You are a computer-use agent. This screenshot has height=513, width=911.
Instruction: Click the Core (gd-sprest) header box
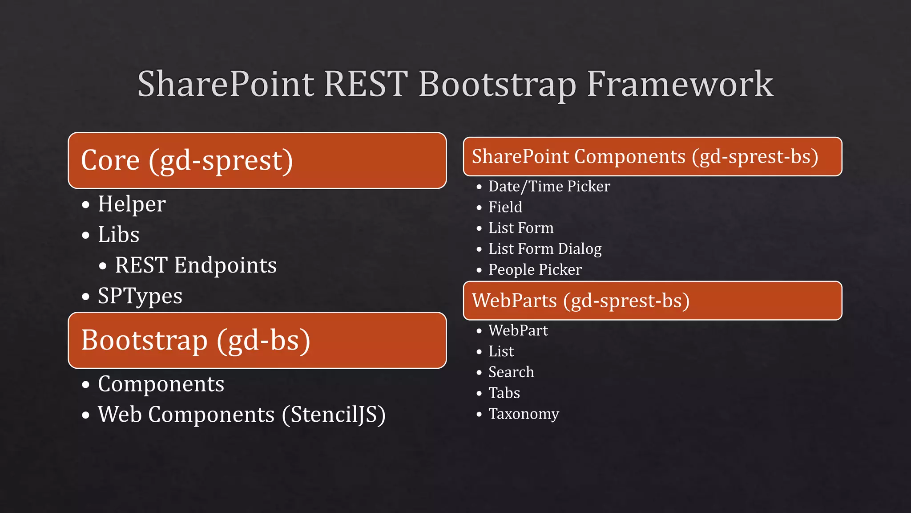[x=257, y=160]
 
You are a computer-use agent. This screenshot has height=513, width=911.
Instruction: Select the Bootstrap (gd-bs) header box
[x=257, y=340]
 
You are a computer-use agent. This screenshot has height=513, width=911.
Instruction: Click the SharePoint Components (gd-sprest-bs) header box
[x=652, y=157]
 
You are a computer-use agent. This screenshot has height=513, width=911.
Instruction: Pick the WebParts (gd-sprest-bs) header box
[x=652, y=301]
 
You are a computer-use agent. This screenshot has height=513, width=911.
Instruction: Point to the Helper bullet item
[x=132, y=204]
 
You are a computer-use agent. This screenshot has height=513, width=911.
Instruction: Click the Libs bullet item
[x=118, y=235]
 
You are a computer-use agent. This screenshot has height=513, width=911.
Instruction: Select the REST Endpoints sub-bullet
[x=196, y=265]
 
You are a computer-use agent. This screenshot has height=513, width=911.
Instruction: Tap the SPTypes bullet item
[x=140, y=296]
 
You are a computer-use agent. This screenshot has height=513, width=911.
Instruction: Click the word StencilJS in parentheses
[x=334, y=415]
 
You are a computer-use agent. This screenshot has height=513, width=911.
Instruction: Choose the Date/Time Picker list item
[x=549, y=186]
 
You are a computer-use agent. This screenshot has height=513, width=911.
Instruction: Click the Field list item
[x=505, y=207]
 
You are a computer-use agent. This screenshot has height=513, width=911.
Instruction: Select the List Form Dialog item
[x=545, y=249]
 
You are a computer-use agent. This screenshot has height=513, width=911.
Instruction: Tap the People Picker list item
[x=535, y=270]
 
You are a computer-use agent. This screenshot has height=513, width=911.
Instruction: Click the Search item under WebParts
[x=511, y=372]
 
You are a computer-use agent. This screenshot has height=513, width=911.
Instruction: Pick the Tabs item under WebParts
[x=504, y=393]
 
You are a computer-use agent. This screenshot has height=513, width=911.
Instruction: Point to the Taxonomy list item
[x=524, y=414]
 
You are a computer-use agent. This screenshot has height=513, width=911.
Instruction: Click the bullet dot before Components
[x=86, y=385]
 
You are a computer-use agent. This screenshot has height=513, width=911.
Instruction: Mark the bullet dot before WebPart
[x=479, y=331]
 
